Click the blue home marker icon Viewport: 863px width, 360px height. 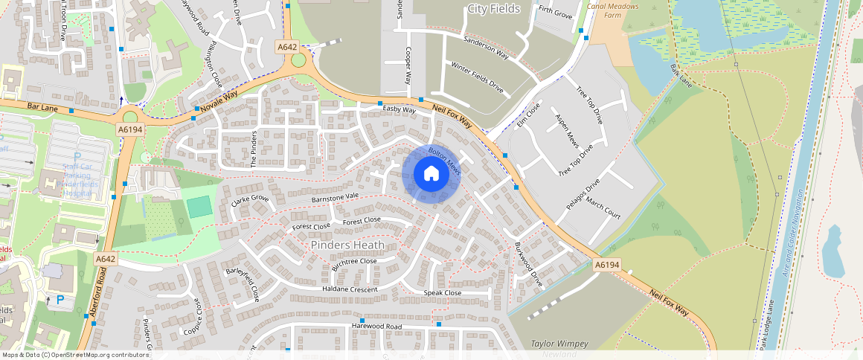coord(431,174)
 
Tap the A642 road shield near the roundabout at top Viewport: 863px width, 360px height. coord(287,47)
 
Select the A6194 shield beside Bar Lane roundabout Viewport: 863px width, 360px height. coord(129,129)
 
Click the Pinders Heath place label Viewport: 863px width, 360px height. coord(347,245)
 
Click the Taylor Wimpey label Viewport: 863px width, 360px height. coord(560,344)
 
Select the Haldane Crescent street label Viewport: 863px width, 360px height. coord(350,289)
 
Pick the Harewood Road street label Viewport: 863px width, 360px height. coord(376,327)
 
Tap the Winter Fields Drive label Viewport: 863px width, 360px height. coord(477,77)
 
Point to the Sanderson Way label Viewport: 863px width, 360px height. coord(485,46)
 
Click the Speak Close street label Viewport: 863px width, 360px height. coord(443,293)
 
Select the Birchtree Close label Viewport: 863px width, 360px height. coord(353,262)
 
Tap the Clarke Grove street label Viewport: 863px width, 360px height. coord(249,199)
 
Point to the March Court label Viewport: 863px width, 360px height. coord(603,208)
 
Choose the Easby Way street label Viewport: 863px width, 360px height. coord(399,109)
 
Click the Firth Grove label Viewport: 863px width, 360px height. coord(555,13)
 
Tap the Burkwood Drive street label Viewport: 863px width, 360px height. coord(527,265)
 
